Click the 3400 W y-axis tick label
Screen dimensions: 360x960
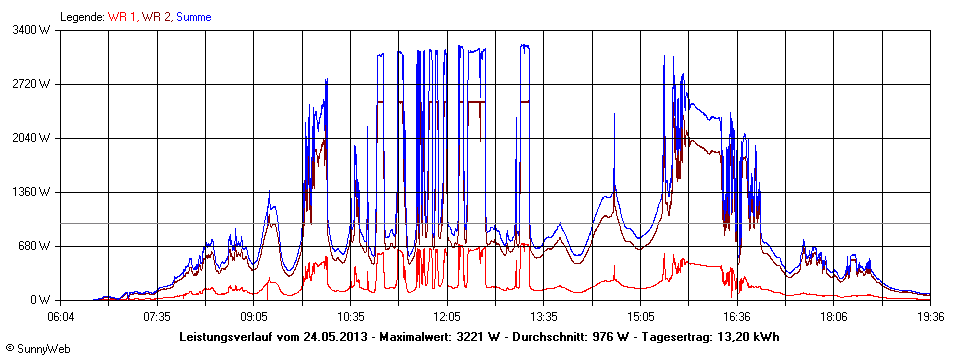pos(35,30)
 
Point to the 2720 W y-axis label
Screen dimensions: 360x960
pos(35,84)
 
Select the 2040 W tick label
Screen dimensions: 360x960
pos(35,138)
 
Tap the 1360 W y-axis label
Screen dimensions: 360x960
pos(35,192)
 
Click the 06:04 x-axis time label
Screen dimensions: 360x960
pos(61,316)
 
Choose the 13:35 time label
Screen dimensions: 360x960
pos(545,316)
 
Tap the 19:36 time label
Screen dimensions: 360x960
pos(931,316)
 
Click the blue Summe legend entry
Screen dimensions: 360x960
pos(194,17)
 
